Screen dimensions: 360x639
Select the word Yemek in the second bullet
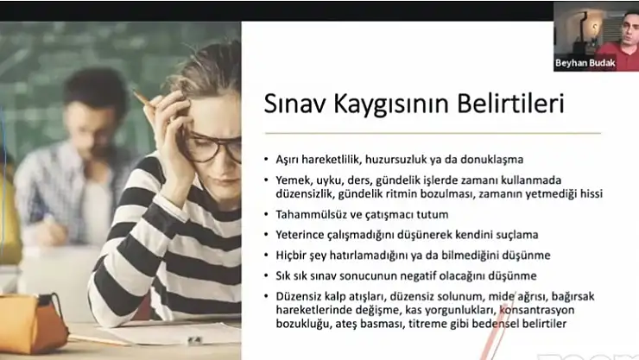click(x=294, y=180)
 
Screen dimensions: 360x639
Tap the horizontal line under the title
click(x=432, y=133)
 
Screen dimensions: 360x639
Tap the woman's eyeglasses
click(x=207, y=148)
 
